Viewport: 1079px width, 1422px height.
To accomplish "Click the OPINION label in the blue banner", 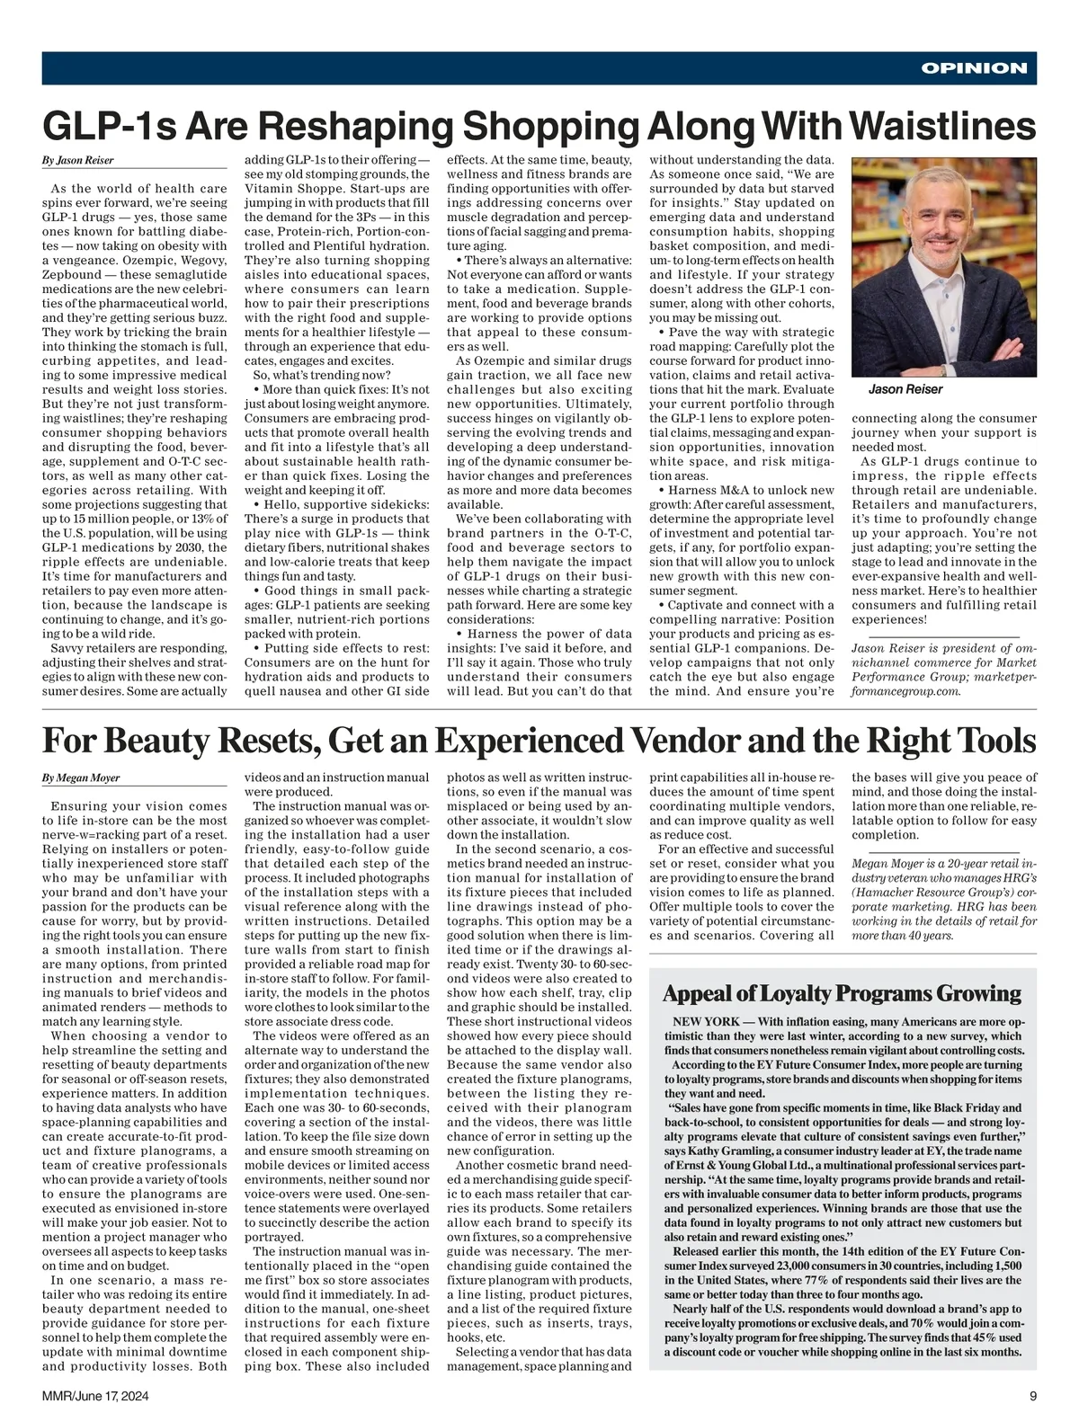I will pos(974,68).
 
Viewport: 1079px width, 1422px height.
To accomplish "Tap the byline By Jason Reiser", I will pos(77,161).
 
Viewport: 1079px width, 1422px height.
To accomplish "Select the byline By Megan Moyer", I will pos(81,778).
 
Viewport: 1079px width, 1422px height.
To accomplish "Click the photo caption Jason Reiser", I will pos(905,389).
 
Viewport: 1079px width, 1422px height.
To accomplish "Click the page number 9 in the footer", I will pos(1033,1396).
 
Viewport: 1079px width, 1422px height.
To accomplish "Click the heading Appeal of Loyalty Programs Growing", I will pos(841,993).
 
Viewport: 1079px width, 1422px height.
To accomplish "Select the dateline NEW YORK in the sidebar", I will pos(707,1022).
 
